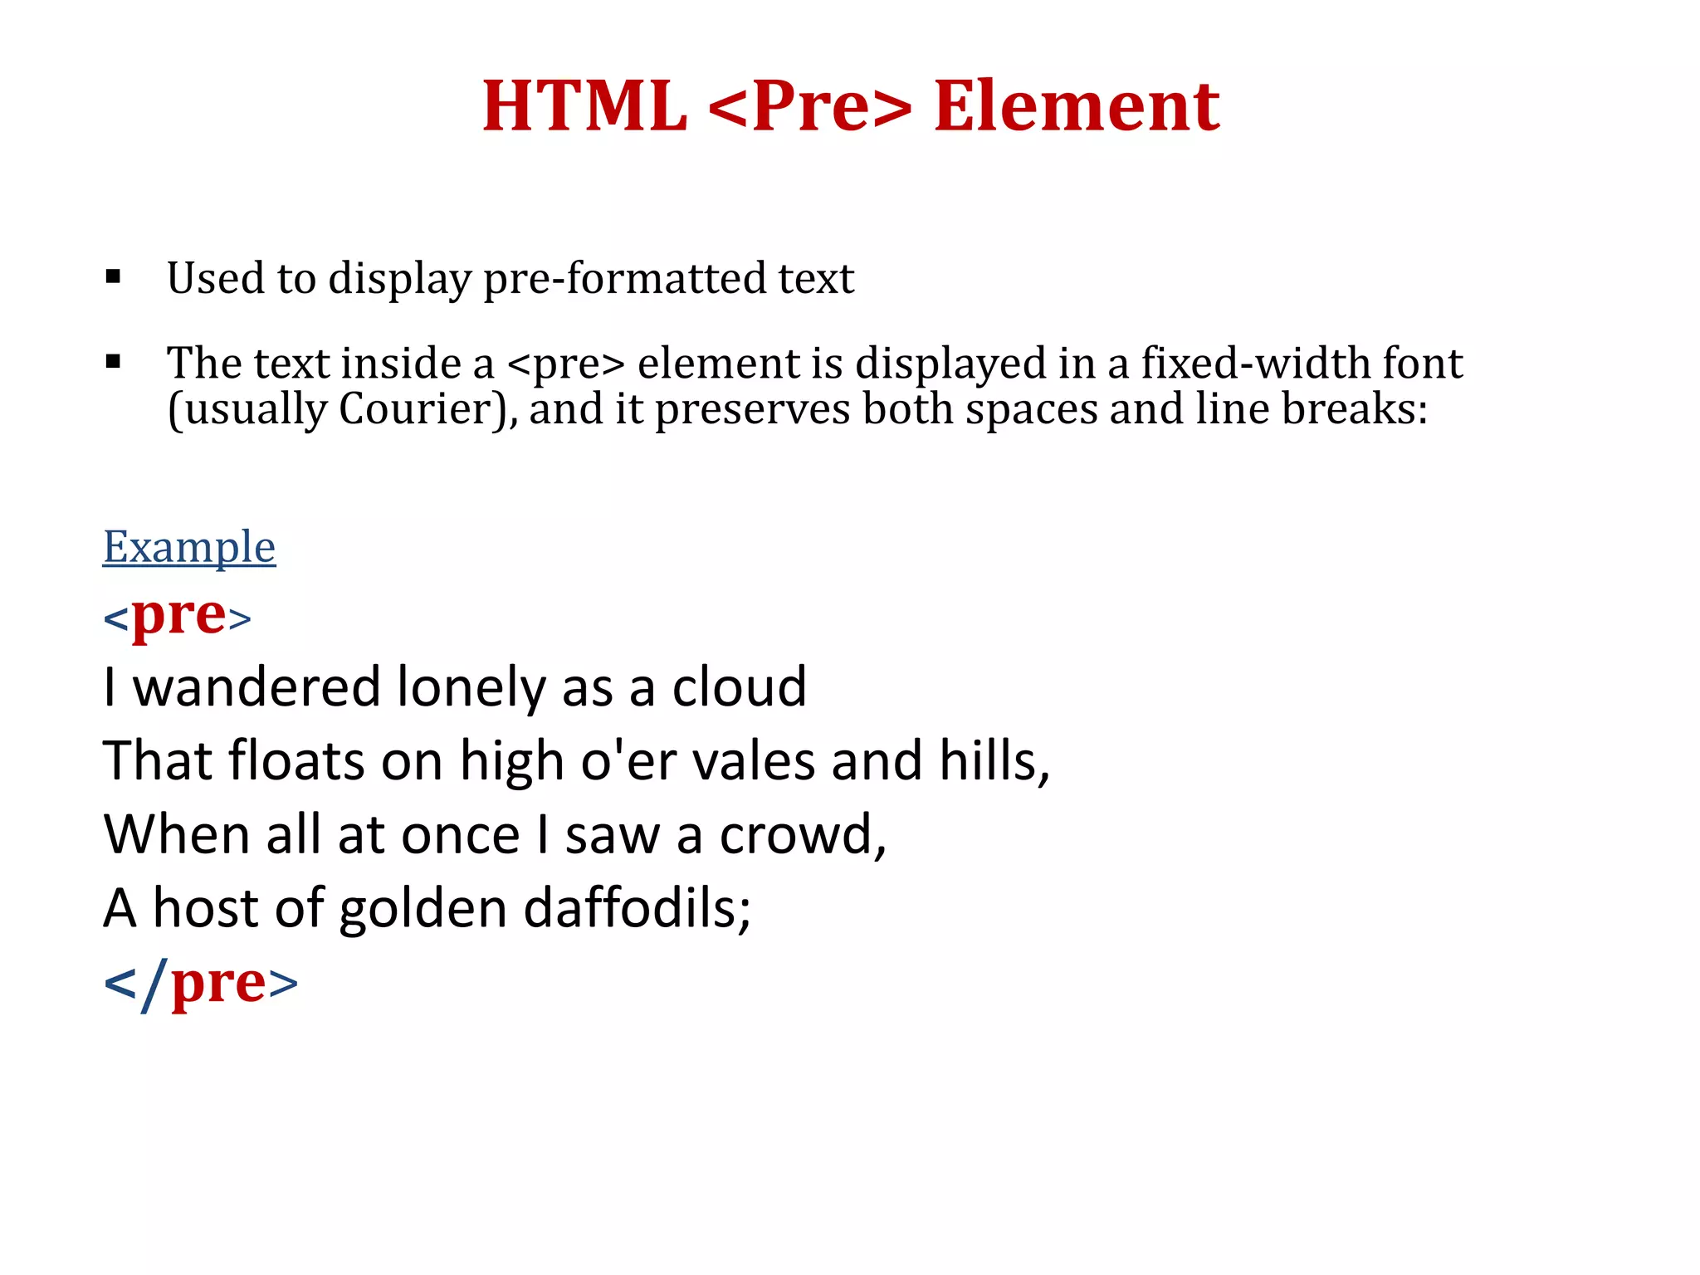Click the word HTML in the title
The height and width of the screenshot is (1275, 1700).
(585, 106)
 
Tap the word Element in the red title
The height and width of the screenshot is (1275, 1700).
(1077, 106)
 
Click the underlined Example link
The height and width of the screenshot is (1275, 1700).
(189, 547)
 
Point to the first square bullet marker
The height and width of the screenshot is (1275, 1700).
(114, 276)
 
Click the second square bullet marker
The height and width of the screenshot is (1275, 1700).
(114, 362)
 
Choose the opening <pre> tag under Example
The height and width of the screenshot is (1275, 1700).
(177, 617)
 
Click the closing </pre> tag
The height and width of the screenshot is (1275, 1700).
(200, 984)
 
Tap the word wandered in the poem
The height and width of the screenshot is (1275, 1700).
(256, 687)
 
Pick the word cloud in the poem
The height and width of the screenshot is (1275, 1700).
(739, 687)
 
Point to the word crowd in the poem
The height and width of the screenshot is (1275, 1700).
(802, 834)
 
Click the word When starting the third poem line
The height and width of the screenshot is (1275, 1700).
(177, 834)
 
